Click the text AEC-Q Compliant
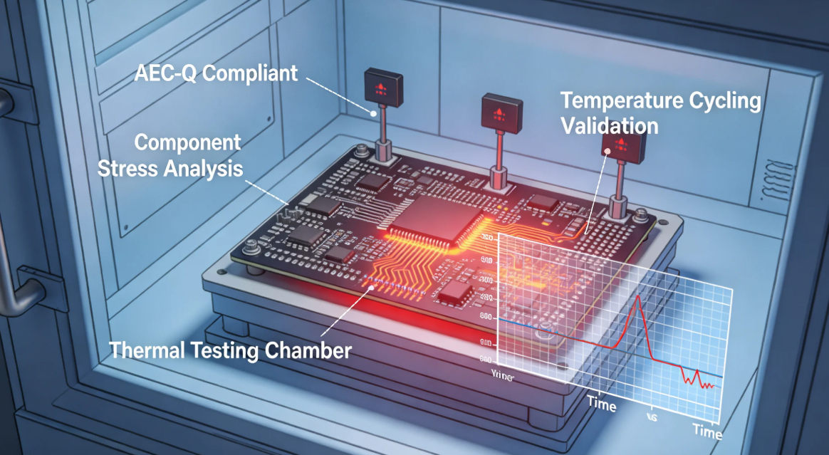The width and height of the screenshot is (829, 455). click(216, 73)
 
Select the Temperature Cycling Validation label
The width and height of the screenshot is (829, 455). click(660, 113)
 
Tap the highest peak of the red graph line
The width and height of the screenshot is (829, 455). click(639, 297)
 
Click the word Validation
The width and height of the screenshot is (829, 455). click(609, 126)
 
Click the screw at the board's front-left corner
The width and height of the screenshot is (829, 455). click(250, 248)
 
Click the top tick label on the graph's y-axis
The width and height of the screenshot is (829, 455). click(488, 237)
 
